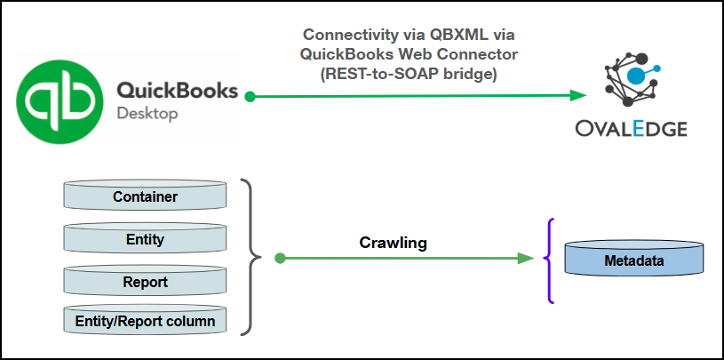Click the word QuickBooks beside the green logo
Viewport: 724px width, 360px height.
tap(177, 91)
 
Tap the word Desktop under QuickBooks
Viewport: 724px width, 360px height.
tap(147, 114)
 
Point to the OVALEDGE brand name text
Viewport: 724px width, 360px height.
tap(632, 129)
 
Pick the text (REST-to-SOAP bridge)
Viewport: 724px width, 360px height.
tap(410, 76)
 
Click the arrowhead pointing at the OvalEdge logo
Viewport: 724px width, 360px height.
tap(578, 95)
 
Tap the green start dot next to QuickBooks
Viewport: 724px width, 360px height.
tap(251, 95)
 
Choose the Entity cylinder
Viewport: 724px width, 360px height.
tap(146, 239)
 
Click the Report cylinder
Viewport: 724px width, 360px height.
tap(146, 282)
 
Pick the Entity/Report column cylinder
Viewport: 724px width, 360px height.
tap(146, 319)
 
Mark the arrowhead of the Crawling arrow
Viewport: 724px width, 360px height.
tap(524, 259)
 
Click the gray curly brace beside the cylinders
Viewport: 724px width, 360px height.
tap(253, 258)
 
